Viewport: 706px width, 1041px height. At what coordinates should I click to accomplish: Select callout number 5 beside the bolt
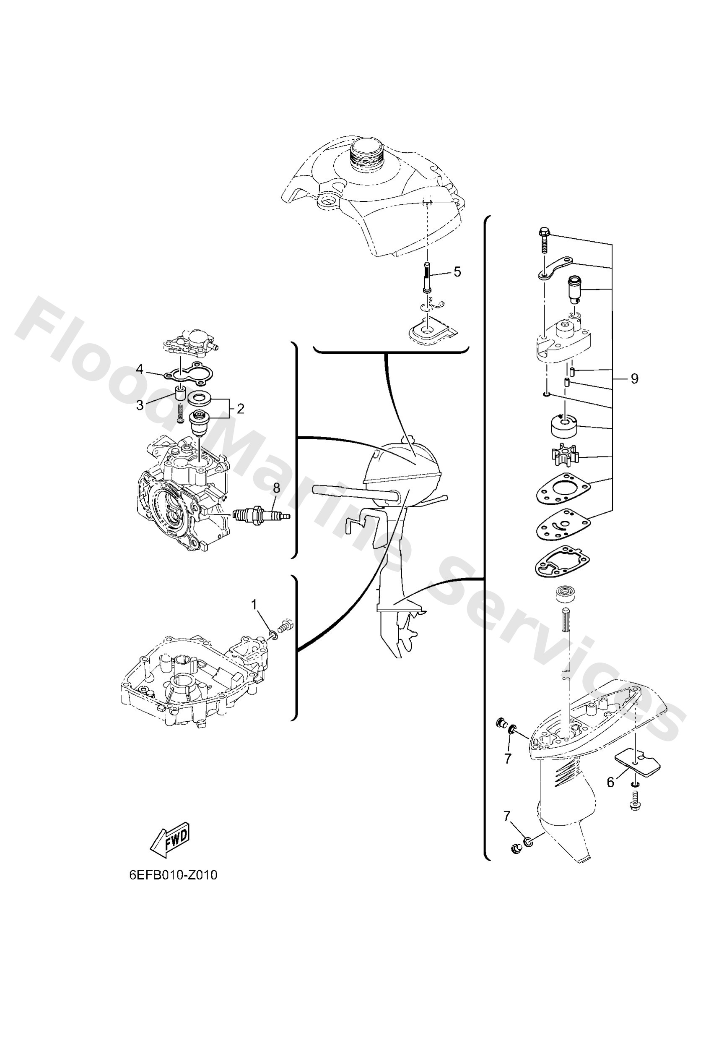point(457,272)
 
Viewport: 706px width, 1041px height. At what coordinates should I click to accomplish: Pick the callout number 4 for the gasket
point(140,369)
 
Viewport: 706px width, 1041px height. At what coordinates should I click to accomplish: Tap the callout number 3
point(140,405)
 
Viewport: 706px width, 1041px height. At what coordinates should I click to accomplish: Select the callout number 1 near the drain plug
point(254,605)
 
